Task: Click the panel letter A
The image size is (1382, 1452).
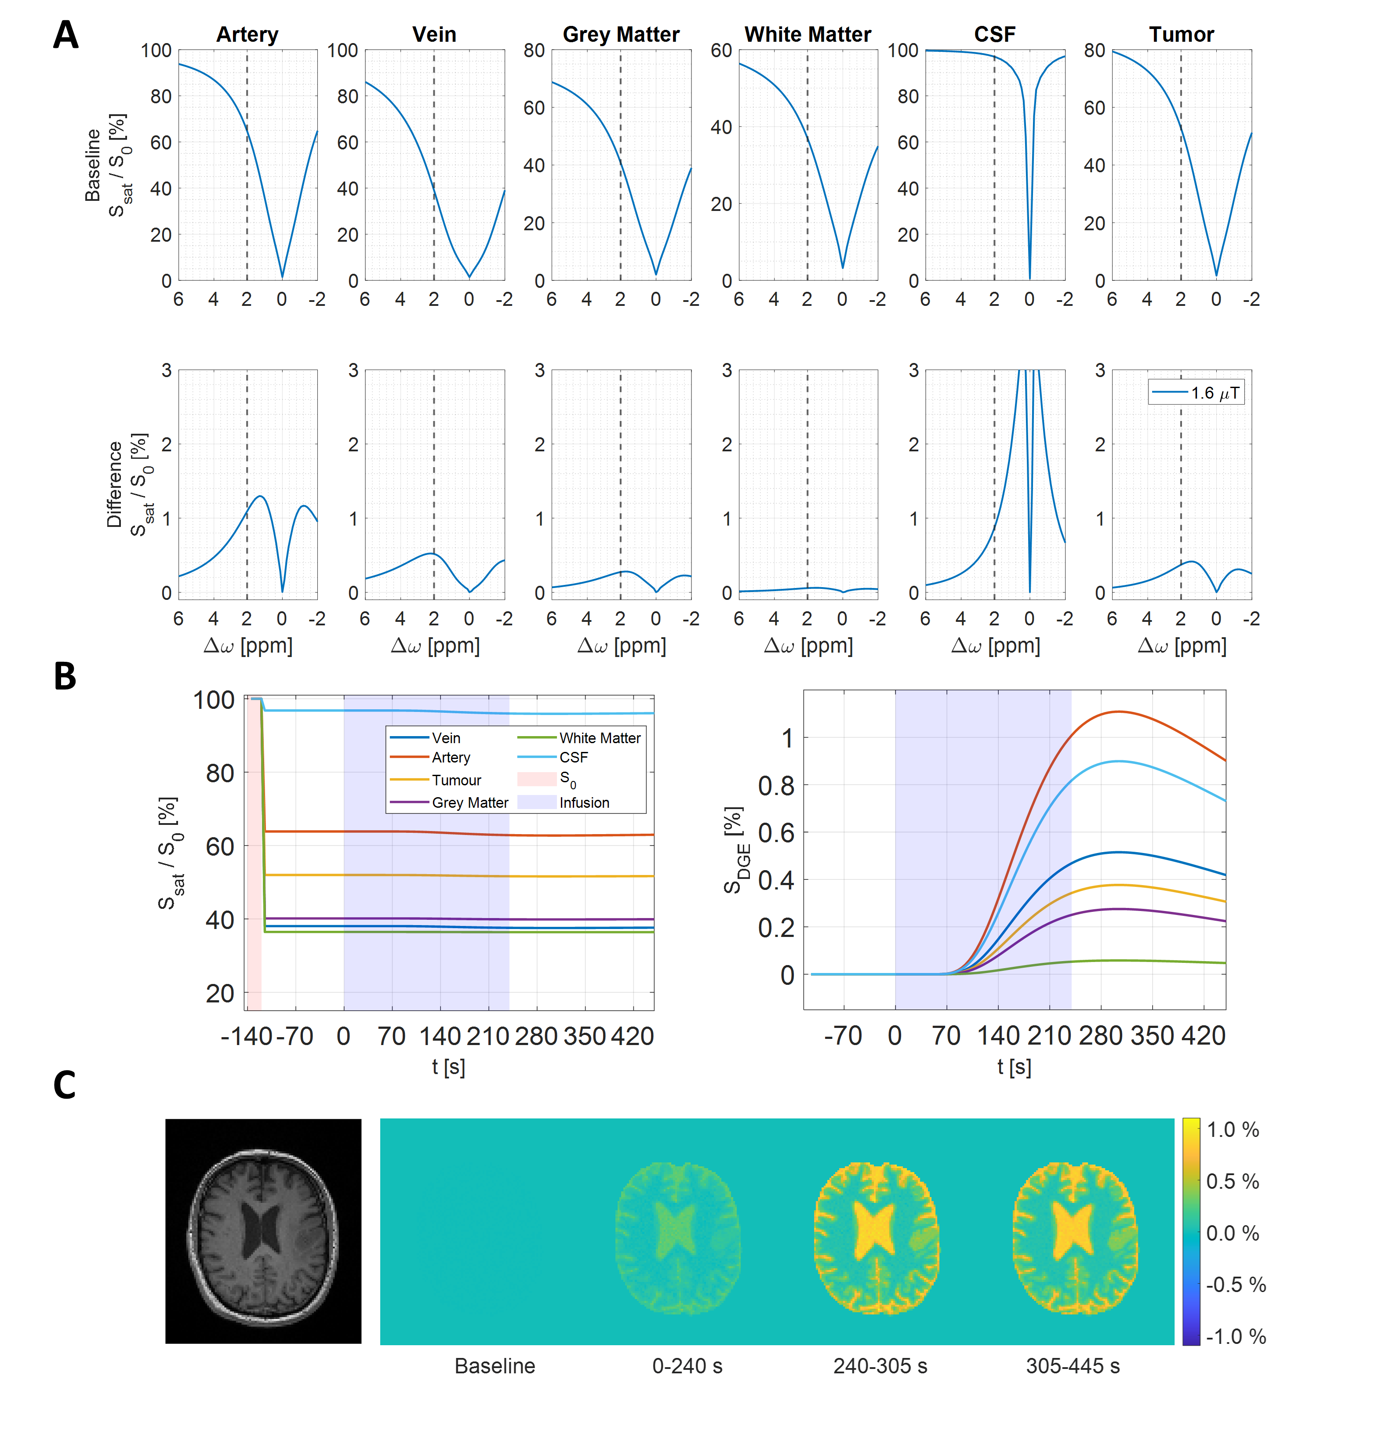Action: tap(65, 35)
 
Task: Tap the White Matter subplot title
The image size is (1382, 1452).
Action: tap(807, 35)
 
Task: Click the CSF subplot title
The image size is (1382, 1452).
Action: tap(994, 35)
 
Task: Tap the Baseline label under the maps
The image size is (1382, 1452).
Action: tap(495, 1366)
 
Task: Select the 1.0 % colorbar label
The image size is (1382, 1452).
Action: tap(1233, 1129)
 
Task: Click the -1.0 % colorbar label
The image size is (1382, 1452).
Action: tap(1235, 1336)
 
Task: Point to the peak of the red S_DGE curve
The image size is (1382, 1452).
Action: tap(1118, 711)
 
